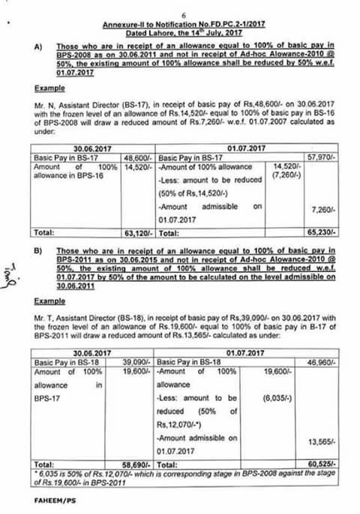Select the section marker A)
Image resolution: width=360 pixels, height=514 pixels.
38,46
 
